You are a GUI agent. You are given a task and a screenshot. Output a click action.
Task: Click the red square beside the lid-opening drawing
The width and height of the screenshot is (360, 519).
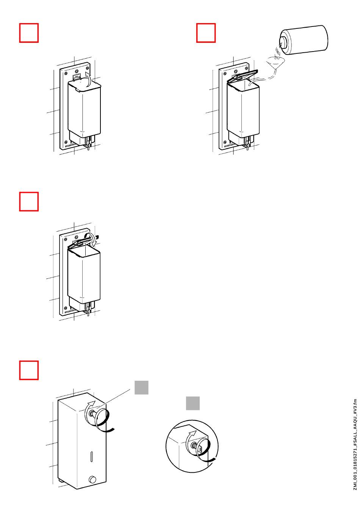29,33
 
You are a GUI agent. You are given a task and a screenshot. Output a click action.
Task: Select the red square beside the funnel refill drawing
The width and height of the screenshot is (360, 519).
206,33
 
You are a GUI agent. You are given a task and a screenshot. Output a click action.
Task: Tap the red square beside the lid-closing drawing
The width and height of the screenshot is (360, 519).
29,201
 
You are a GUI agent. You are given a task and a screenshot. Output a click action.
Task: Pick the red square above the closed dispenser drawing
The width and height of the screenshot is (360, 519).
29,370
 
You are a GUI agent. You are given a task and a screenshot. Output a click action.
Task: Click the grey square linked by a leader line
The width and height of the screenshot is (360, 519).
141,388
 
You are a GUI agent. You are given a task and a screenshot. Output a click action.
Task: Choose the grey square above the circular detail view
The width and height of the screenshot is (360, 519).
193,403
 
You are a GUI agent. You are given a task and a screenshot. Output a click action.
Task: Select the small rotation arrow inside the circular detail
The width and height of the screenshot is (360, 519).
192,435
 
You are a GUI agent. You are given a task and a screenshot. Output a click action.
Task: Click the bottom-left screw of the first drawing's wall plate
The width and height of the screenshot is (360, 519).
66,142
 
